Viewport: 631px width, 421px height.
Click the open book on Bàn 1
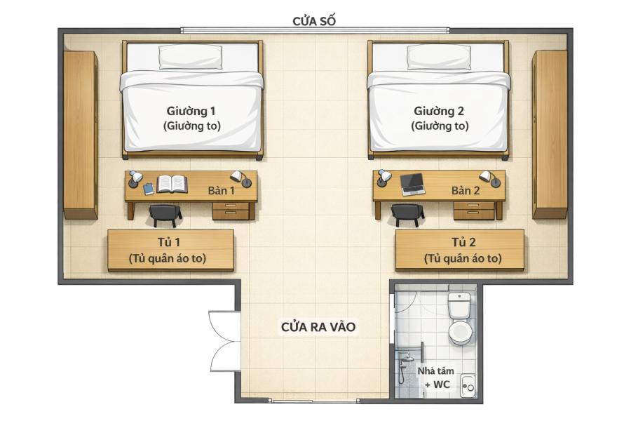tap(172, 184)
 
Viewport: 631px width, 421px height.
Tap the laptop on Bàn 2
tap(412, 185)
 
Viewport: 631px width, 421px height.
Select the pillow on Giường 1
tap(190, 57)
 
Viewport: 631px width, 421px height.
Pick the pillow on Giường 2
tap(439, 57)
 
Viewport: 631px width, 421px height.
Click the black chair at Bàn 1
tap(165, 215)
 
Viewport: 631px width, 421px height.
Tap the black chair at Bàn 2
tap(407, 215)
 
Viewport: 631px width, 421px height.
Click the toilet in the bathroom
tap(460, 319)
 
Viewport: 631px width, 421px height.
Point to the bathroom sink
tap(468, 386)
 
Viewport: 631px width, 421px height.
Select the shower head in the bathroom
tap(407, 358)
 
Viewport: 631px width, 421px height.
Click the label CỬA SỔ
tap(314, 21)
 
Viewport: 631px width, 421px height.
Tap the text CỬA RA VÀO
tap(318, 327)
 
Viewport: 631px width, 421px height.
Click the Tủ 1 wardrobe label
tap(168, 242)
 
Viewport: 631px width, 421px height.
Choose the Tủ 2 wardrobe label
tap(463, 242)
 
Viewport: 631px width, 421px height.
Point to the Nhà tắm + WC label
tap(436, 377)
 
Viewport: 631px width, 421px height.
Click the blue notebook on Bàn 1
tap(149, 189)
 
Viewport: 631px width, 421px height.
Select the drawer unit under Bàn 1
tap(231, 210)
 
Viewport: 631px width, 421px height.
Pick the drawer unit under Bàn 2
tap(474, 210)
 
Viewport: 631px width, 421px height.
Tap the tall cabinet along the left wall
tap(81, 135)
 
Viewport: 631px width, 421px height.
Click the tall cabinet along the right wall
tap(550, 135)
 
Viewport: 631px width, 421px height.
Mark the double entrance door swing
tap(224, 341)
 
